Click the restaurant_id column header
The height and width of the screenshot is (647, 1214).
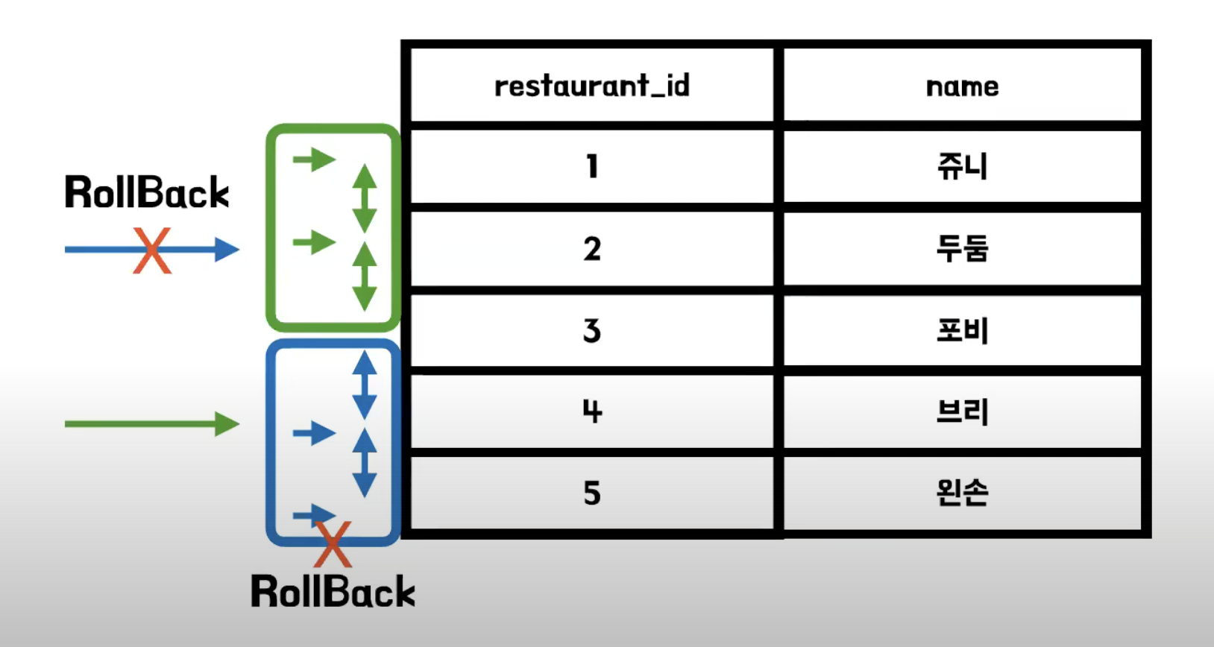coord(591,86)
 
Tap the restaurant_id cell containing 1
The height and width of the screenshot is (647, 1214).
coord(591,165)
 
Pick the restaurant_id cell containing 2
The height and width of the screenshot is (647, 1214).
coord(591,248)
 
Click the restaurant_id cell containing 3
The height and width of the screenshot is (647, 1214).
coord(591,330)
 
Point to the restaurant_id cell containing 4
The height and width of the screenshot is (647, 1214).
coord(591,411)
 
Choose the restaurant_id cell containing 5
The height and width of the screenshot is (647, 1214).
coord(591,493)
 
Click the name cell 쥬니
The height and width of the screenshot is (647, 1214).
coord(962,165)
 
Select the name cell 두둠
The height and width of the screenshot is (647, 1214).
coord(962,248)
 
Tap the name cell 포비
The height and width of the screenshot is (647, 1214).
coord(962,330)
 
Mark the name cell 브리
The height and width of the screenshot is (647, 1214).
coord(962,411)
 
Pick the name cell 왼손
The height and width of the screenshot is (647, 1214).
coord(962,493)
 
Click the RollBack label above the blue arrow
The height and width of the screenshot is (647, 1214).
coord(147,192)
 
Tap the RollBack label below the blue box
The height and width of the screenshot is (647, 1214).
coord(333,592)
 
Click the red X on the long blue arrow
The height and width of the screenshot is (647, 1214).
coord(152,250)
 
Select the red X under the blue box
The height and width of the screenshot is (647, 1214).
coord(333,544)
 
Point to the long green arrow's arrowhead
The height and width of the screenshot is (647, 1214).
coord(227,424)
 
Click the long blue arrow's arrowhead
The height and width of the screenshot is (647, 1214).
coord(227,250)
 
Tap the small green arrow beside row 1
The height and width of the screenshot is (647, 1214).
coord(314,159)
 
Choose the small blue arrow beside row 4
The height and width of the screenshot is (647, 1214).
coord(314,432)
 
